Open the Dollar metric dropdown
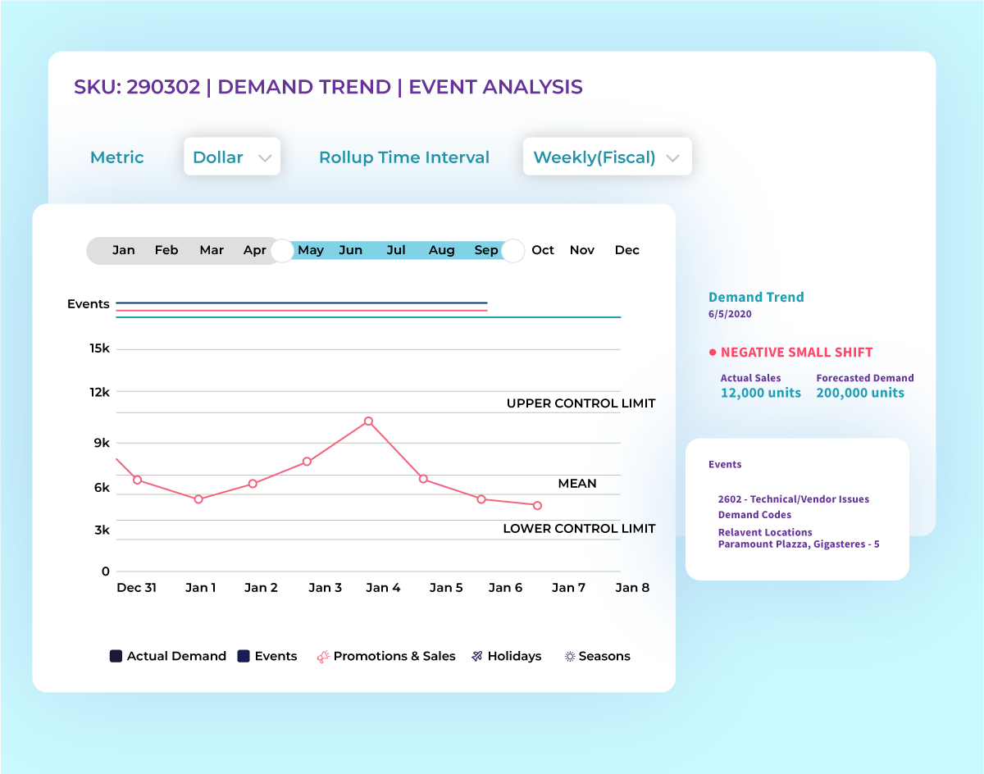point(232,157)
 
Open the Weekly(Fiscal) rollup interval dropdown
point(607,157)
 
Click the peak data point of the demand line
point(368,421)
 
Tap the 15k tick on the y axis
point(100,348)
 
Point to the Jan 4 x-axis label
point(383,587)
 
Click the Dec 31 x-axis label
point(136,587)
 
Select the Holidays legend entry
point(507,656)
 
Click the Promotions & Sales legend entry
point(386,656)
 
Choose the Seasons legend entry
point(598,656)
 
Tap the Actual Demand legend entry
point(168,656)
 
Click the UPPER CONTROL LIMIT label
point(581,403)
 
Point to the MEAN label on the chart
point(577,484)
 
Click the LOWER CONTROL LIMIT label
point(579,529)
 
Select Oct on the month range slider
point(543,250)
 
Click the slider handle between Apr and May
point(282,251)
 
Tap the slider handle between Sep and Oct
point(513,251)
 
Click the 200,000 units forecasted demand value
point(860,393)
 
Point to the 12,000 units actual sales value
point(761,393)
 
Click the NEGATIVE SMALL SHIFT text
point(796,353)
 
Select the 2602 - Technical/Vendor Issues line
point(793,499)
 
